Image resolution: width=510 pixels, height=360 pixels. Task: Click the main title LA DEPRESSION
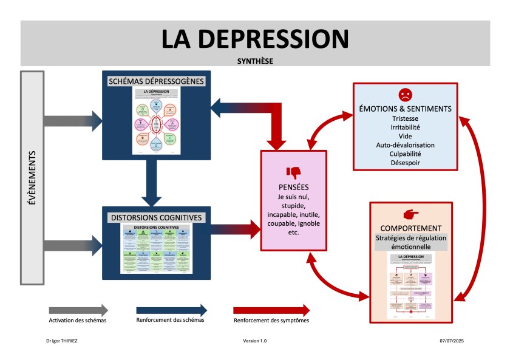tap(255, 38)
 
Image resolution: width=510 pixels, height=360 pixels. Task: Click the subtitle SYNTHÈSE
tap(255, 61)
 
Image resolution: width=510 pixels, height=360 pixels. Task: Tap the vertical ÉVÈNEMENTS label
tap(32, 177)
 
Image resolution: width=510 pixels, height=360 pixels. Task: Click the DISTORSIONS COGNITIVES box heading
tap(156, 217)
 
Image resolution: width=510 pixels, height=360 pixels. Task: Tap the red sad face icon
tap(405, 95)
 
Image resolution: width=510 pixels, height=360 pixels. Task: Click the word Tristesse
tap(405, 118)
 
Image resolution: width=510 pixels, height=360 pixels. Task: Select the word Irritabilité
tap(405, 127)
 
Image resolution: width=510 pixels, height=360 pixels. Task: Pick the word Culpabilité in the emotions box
tap(405, 154)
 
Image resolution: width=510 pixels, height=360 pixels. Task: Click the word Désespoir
tap(405, 163)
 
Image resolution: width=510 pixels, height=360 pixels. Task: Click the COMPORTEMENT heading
tap(411, 228)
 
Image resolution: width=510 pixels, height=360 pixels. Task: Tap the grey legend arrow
tap(78, 310)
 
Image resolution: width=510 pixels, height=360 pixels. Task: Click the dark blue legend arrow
tap(171, 310)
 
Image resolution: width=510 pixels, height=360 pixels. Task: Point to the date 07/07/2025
tap(452, 341)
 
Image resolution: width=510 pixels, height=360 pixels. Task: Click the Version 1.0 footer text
tap(255, 341)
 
